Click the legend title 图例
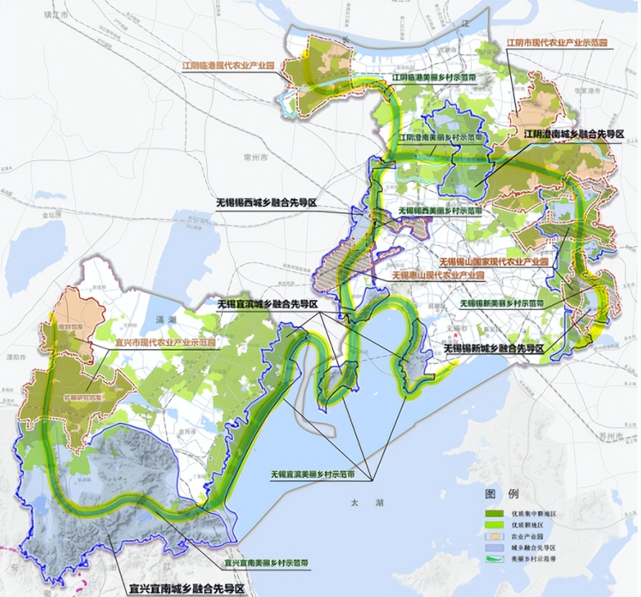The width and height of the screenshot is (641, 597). pos(501,494)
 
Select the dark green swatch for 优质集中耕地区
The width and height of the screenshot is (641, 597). pos(496,514)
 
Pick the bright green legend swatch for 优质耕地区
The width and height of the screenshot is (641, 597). pos(496,524)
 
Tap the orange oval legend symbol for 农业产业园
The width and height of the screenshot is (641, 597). pos(496,535)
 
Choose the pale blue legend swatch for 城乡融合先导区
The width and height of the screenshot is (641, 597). pos(496,547)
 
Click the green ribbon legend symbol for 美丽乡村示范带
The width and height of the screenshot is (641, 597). pos(496,558)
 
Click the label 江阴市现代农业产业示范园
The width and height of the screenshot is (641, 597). pos(557,43)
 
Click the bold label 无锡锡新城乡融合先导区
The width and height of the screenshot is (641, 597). pos(493,348)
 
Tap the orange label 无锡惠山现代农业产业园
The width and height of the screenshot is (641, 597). pos(438,274)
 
